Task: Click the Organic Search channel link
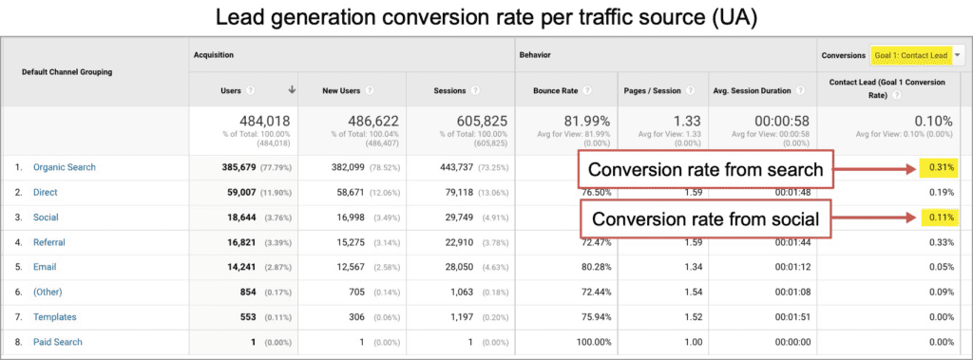pyautogui.click(x=64, y=167)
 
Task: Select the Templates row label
pyautogui.click(x=54, y=317)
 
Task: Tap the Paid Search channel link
pyautogui.click(x=57, y=342)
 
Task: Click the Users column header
pyautogui.click(x=232, y=91)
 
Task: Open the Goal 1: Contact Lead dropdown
pyautogui.click(x=911, y=56)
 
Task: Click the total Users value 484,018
pyautogui.click(x=259, y=122)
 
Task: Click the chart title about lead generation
pyautogui.click(x=486, y=17)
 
